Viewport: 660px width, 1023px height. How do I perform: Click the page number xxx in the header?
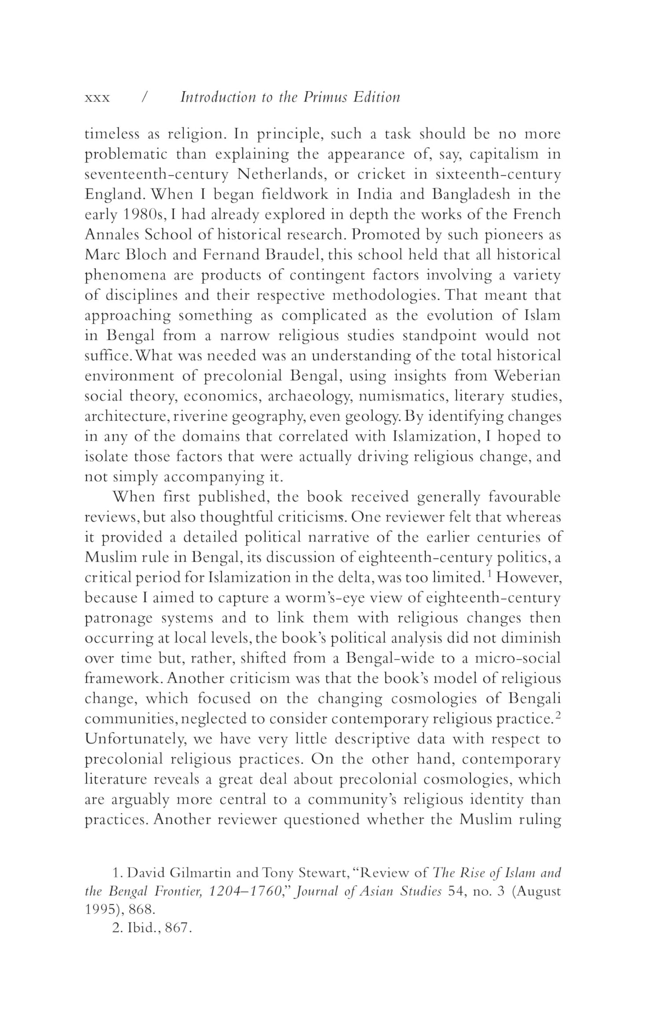click(97, 98)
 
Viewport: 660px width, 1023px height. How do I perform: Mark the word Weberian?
click(527, 376)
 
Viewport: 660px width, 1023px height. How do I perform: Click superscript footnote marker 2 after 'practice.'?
click(557, 715)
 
